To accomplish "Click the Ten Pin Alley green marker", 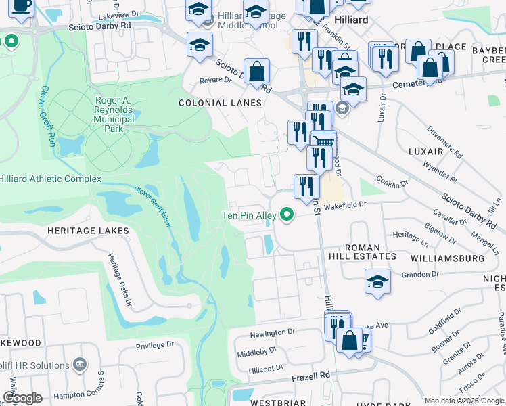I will click(x=287, y=215).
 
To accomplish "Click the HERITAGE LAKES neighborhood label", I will click(x=88, y=231).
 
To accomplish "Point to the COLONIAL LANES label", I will click(x=219, y=103).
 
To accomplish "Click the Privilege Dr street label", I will click(x=155, y=345).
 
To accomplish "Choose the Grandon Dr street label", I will click(x=420, y=275).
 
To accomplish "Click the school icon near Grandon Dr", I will click(x=377, y=281).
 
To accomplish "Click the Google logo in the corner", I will click(x=22, y=398).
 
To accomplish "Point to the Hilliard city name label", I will click(x=350, y=20).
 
